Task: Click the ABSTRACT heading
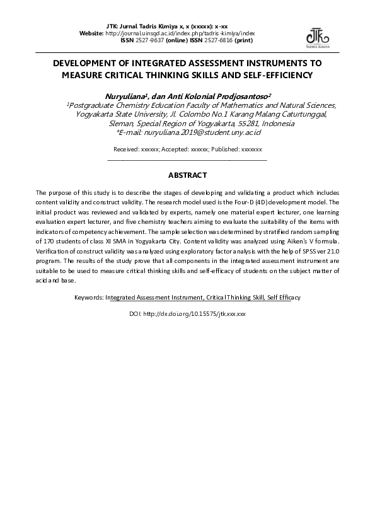187,175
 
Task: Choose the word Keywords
88,296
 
